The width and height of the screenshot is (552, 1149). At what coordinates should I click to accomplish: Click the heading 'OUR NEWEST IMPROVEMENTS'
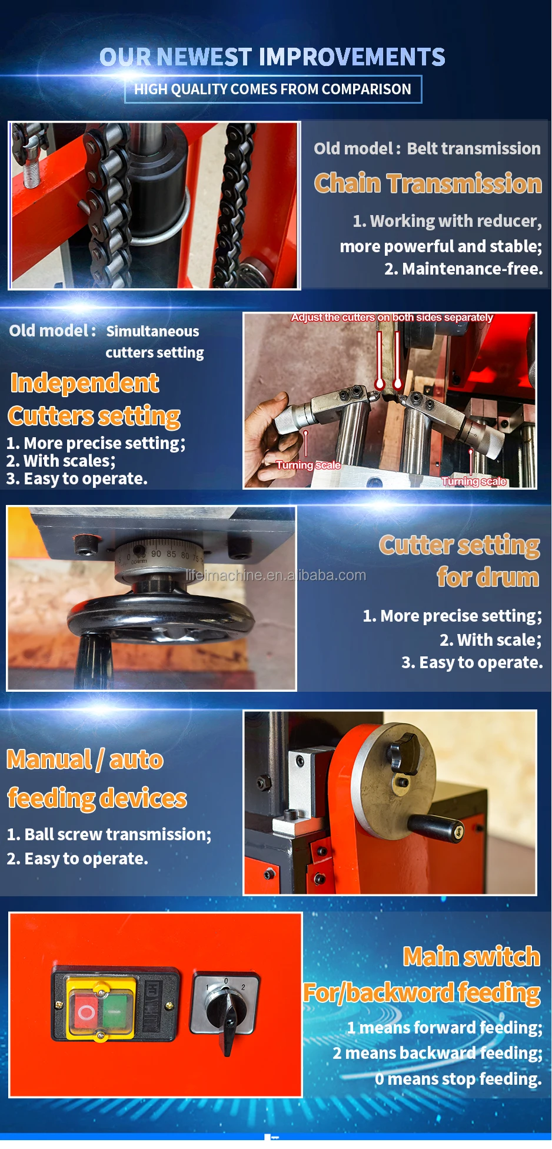(272, 57)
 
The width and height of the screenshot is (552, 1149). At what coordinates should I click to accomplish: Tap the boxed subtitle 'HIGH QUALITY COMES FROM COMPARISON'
(272, 90)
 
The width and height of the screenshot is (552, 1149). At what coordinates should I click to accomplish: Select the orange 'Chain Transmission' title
(428, 183)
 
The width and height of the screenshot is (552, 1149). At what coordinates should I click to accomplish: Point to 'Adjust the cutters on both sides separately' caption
(392, 318)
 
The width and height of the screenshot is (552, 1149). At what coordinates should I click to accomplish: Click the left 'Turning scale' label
(308, 465)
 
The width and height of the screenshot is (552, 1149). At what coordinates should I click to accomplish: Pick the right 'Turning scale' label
(474, 481)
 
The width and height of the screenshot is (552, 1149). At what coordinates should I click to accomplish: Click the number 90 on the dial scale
(156, 554)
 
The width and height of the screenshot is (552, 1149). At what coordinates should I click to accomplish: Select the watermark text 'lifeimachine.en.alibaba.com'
(275, 576)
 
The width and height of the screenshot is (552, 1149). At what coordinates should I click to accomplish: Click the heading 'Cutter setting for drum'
(460, 561)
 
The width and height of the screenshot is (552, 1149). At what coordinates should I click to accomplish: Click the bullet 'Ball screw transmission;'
(109, 834)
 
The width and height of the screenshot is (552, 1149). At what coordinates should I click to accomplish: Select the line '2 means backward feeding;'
(437, 1053)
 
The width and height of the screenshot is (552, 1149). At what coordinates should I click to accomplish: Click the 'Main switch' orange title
(471, 957)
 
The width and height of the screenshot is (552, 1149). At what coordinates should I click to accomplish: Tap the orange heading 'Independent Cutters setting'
(94, 399)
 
